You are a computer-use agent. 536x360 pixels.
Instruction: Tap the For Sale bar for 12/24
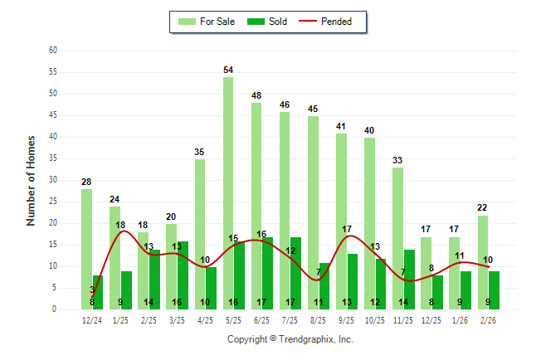[86, 249]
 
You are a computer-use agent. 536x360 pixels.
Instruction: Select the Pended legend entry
[335, 22]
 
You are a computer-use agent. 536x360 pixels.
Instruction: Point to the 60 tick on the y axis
[52, 51]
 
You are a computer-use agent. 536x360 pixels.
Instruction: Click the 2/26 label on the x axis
[489, 320]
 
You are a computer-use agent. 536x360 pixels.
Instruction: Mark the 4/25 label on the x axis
[206, 320]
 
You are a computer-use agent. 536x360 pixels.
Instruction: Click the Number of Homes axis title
[32, 180]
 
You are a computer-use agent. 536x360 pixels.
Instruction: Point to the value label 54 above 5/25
[228, 70]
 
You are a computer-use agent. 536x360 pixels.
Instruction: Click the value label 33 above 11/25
[398, 160]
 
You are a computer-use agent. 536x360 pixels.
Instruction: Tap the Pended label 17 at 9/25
[347, 229]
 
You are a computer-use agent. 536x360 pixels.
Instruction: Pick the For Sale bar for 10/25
[369, 223]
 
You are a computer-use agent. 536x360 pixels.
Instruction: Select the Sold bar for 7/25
[296, 273]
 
